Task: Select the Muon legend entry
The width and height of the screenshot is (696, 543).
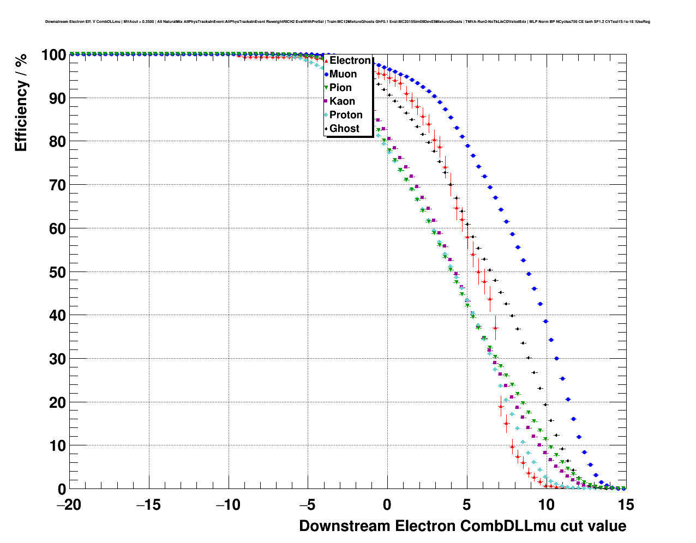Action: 343,74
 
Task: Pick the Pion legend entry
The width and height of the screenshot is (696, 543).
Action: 340,88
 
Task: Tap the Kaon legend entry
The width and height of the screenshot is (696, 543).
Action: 342,101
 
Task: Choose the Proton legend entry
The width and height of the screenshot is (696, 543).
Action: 346,115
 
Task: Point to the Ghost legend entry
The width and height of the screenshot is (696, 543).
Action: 344,129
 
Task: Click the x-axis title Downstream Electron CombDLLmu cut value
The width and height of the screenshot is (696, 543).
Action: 463,526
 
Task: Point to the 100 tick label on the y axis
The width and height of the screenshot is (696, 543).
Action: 53,55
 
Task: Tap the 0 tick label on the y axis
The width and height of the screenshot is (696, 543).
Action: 62,490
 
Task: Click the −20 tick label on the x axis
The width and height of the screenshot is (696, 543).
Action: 69,505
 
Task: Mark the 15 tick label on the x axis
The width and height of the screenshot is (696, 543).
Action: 626,505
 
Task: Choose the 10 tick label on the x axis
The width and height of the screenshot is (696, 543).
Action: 547,505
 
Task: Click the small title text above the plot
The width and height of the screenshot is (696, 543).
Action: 347,22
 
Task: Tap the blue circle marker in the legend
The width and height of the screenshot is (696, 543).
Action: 326,74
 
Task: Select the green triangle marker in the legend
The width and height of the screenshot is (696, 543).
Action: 326,88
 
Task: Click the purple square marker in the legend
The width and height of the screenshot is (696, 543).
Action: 326,101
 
